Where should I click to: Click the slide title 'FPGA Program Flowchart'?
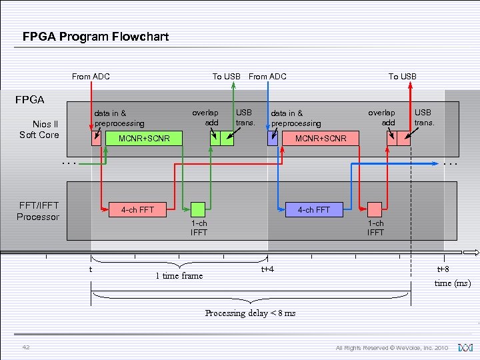pyautogui.click(x=95, y=37)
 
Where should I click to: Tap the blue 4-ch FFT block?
pyautogui.click(x=313, y=209)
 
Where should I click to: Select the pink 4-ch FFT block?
pyautogui.click(x=137, y=209)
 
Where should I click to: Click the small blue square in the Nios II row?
pyautogui.click(x=273, y=139)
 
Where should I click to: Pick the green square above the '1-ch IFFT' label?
pyautogui.click(x=198, y=209)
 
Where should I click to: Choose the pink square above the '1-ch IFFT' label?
pyautogui.click(x=375, y=209)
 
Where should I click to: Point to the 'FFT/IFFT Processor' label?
pyautogui.click(x=38, y=211)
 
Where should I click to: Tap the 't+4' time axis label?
pyautogui.click(x=267, y=269)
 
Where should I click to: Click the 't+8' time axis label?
pyautogui.click(x=443, y=269)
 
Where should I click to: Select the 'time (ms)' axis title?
pyautogui.click(x=452, y=283)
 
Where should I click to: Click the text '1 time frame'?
pyautogui.click(x=179, y=275)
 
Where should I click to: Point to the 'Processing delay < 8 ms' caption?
pyautogui.click(x=250, y=313)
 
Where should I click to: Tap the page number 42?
pyautogui.click(x=26, y=347)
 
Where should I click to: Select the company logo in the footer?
pyautogui.click(x=465, y=347)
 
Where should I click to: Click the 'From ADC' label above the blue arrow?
pyautogui.click(x=267, y=76)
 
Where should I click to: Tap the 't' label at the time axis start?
pyautogui.click(x=91, y=269)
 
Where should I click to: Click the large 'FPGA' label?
pyautogui.click(x=30, y=100)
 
